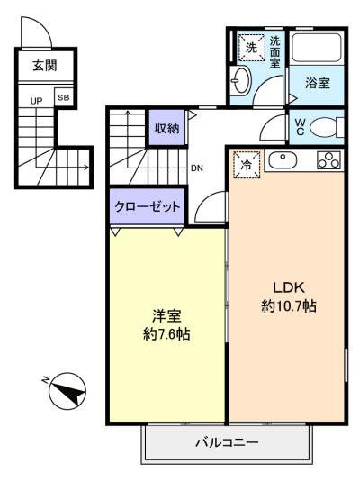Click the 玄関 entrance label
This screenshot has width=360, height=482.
(45, 66)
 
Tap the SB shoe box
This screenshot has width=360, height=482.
(64, 98)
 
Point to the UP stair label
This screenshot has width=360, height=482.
(36, 101)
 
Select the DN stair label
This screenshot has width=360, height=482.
(197, 168)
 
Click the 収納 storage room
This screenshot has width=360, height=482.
(166, 128)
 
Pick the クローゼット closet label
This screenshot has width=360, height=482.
(147, 206)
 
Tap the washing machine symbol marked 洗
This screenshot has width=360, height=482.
(252, 48)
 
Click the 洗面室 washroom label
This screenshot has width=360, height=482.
(275, 52)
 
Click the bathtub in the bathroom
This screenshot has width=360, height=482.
(317, 48)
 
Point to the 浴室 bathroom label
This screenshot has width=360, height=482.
(318, 83)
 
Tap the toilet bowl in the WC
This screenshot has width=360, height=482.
(326, 128)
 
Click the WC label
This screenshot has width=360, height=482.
(300, 127)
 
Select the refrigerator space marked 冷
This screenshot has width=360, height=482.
(247, 165)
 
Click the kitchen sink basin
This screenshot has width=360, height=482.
(283, 160)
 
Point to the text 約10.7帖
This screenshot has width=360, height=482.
(289, 306)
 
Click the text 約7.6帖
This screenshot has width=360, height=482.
(166, 334)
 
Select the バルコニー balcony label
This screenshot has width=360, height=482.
(227, 443)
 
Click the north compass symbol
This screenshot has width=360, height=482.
(67, 391)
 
